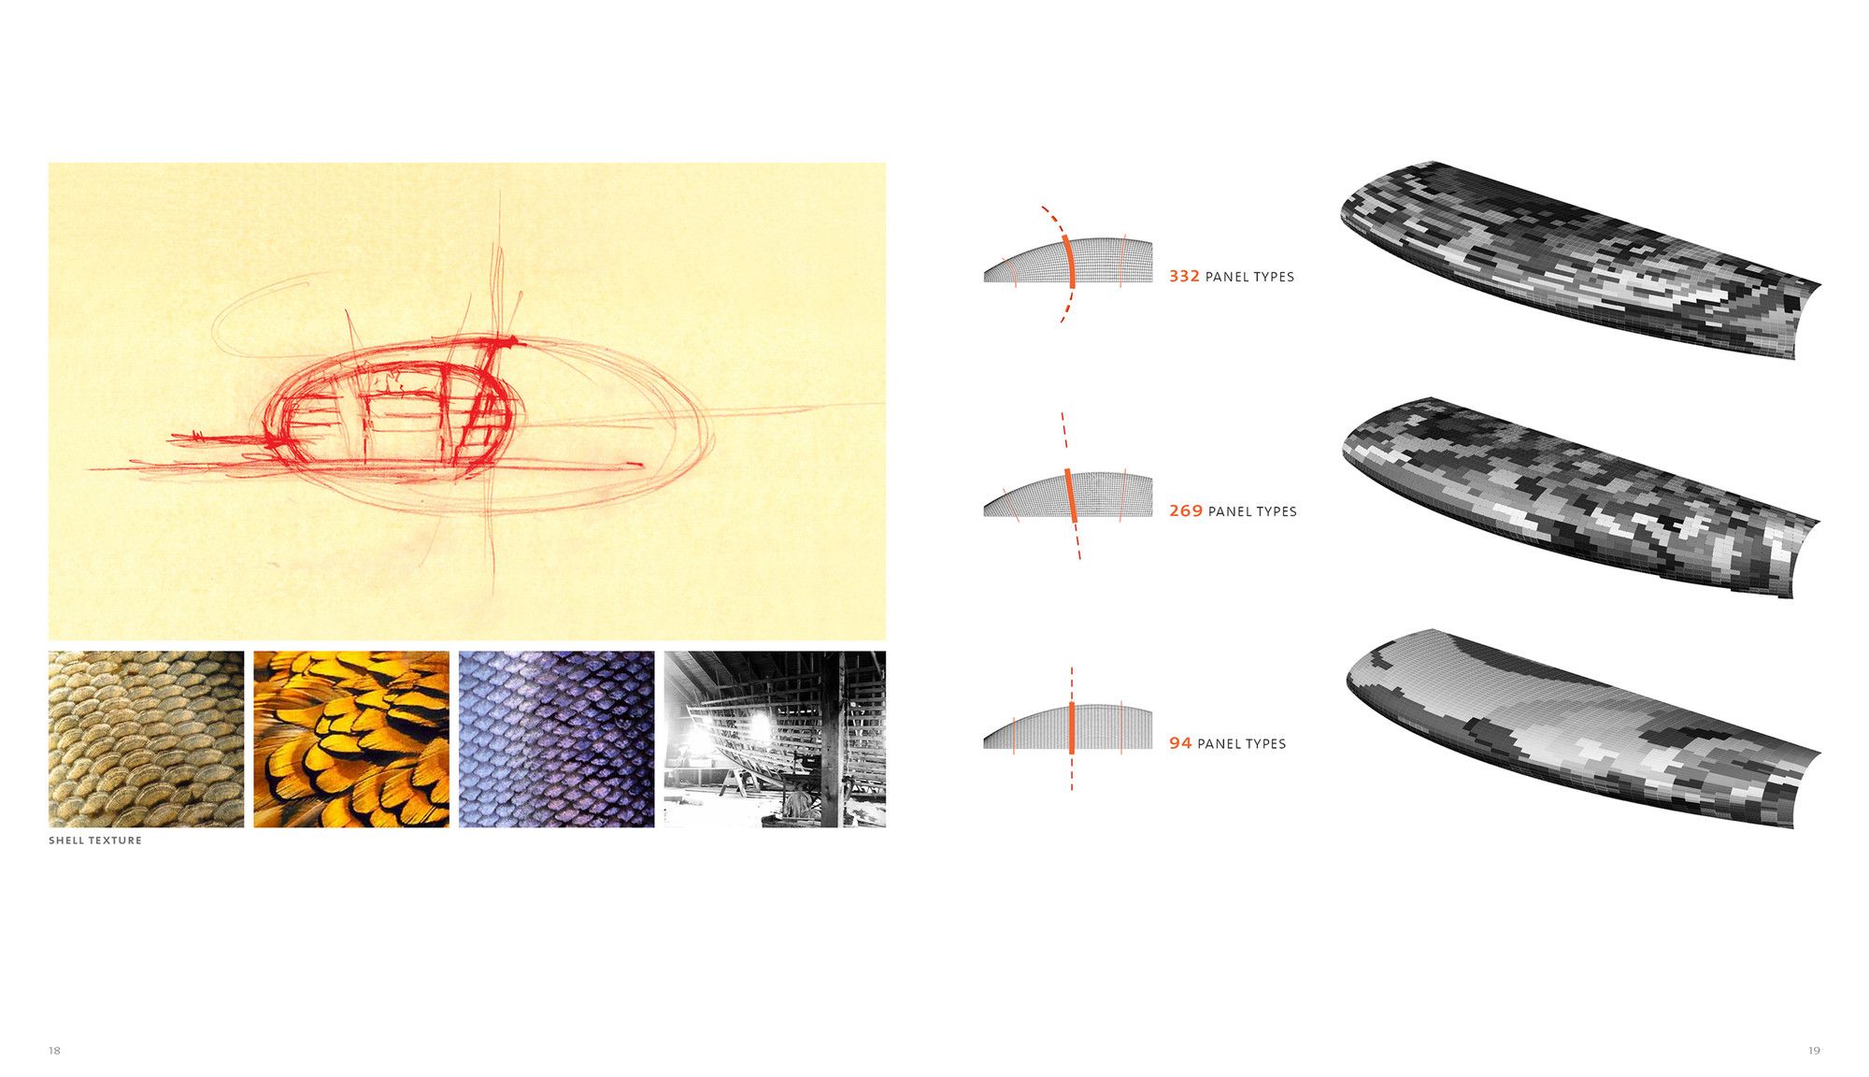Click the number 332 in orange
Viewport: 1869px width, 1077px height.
(1184, 277)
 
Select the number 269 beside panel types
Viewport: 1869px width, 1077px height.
(1186, 511)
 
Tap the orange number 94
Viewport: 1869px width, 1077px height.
(1180, 743)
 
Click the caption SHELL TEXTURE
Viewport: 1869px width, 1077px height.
(95, 840)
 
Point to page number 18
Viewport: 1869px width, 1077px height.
(54, 1051)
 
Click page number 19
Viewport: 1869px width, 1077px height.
(1814, 1051)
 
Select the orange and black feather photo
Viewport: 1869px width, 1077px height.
(351, 740)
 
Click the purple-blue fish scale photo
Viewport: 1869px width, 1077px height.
(556, 740)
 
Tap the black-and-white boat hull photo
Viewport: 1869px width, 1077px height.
(775, 740)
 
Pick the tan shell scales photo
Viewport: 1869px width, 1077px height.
(146, 740)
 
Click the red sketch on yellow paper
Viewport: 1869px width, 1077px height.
(467, 402)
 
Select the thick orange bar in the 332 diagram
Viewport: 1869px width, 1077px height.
(1070, 262)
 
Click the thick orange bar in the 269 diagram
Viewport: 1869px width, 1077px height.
(1071, 495)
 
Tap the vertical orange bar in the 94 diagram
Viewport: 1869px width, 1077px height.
(1072, 727)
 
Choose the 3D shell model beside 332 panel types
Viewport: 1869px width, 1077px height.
(1579, 260)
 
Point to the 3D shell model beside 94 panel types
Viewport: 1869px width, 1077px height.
(1582, 728)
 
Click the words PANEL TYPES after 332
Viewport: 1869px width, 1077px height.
(1249, 277)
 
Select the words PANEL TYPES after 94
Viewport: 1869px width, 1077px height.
(1241, 743)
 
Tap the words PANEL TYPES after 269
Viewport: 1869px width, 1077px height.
(1252, 511)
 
